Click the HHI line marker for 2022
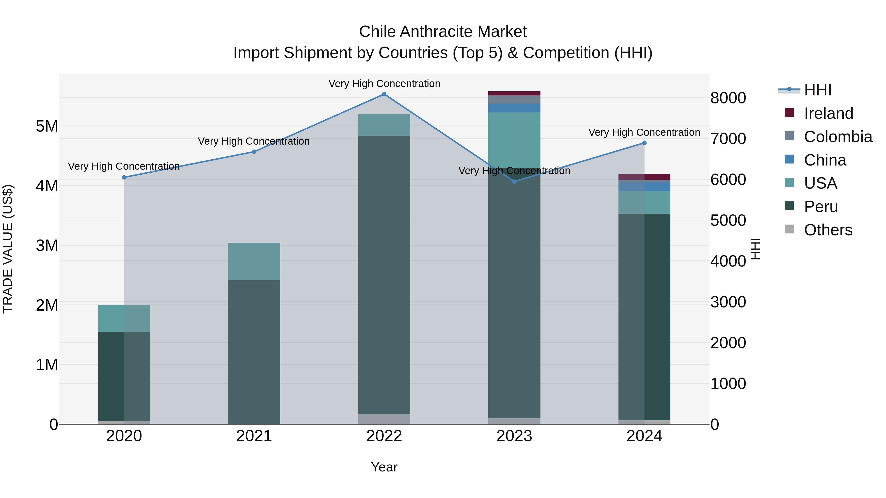click(x=384, y=94)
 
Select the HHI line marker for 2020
click(x=124, y=177)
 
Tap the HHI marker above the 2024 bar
click(x=644, y=143)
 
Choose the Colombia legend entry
click(x=838, y=137)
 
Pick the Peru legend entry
click(x=821, y=207)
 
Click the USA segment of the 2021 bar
click(x=254, y=262)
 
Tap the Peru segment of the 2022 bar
click(x=384, y=275)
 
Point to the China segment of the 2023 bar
click(x=514, y=108)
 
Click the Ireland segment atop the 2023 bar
click(x=514, y=93)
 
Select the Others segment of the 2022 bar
click(x=384, y=419)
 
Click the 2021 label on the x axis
click(x=254, y=436)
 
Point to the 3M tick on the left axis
click(x=47, y=245)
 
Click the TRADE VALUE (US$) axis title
click(x=8, y=249)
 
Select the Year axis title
click(x=384, y=467)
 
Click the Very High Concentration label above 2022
click(x=384, y=84)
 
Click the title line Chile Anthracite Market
click(x=443, y=32)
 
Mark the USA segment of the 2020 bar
click(x=124, y=318)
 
